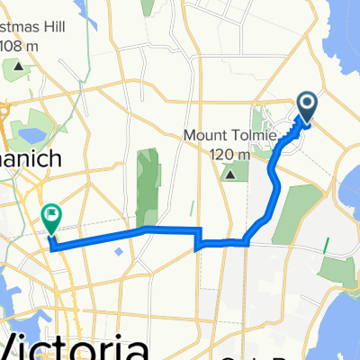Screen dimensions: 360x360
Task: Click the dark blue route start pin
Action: (x=306, y=109)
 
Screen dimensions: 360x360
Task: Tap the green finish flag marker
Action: (x=51, y=217)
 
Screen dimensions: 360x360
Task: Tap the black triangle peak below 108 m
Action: (x=19, y=65)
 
